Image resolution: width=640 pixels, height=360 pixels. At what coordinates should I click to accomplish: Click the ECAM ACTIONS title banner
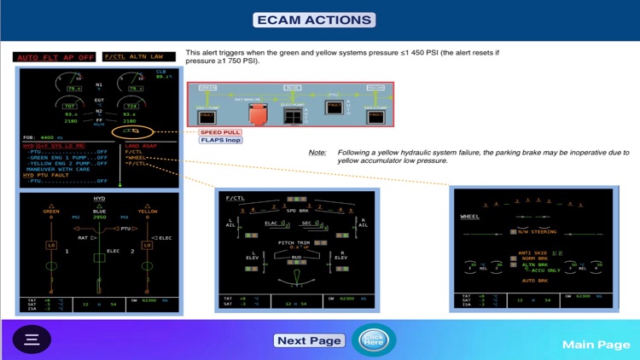[x=315, y=20]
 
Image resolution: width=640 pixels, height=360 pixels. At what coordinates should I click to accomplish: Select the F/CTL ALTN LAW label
[x=138, y=57]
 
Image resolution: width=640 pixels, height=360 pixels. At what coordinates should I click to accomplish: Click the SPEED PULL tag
[x=219, y=132]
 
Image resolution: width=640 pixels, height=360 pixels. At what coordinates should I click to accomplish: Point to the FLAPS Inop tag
[x=220, y=141]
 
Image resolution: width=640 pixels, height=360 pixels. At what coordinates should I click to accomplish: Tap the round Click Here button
[x=373, y=340]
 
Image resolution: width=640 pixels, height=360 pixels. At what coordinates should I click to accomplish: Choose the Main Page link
[x=596, y=344]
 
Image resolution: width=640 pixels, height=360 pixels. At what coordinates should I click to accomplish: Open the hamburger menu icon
[x=32, y=339]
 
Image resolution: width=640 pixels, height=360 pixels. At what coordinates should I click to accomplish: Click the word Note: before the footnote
[x=317, y=152]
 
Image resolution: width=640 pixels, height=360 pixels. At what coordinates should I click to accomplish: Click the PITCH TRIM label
[x=293, y=242]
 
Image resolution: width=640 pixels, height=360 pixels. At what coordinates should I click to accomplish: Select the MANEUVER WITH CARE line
[x=57, y=168]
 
